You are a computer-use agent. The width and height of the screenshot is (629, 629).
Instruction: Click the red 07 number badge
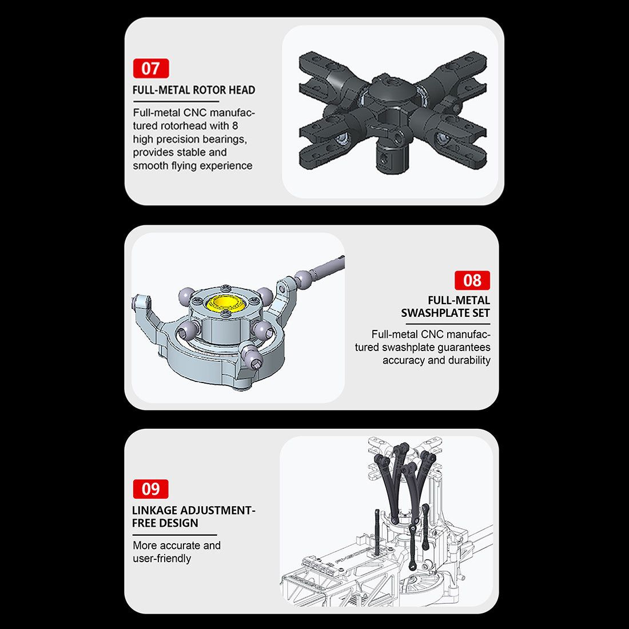(151, 68)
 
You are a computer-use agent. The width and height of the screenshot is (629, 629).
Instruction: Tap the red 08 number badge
(472, 280)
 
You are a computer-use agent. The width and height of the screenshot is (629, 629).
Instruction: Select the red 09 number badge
(151, 489)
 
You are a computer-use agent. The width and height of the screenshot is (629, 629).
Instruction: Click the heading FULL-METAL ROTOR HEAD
(194, 90)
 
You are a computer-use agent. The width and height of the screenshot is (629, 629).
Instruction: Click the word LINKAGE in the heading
(154, 510)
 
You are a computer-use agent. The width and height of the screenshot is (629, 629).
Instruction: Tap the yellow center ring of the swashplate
(225, 303)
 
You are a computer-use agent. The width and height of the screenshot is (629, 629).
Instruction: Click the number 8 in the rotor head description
(235, 126)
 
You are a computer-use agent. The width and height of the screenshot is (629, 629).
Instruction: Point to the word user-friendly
(162, 559)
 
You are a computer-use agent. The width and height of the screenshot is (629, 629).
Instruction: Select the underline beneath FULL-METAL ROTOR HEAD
(176, 101)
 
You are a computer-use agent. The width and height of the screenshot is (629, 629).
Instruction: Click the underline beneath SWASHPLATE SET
(448, 324)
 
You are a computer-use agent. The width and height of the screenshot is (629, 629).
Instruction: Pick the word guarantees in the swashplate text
(464, 348)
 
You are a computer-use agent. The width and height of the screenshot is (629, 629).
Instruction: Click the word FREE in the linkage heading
(145, 523)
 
